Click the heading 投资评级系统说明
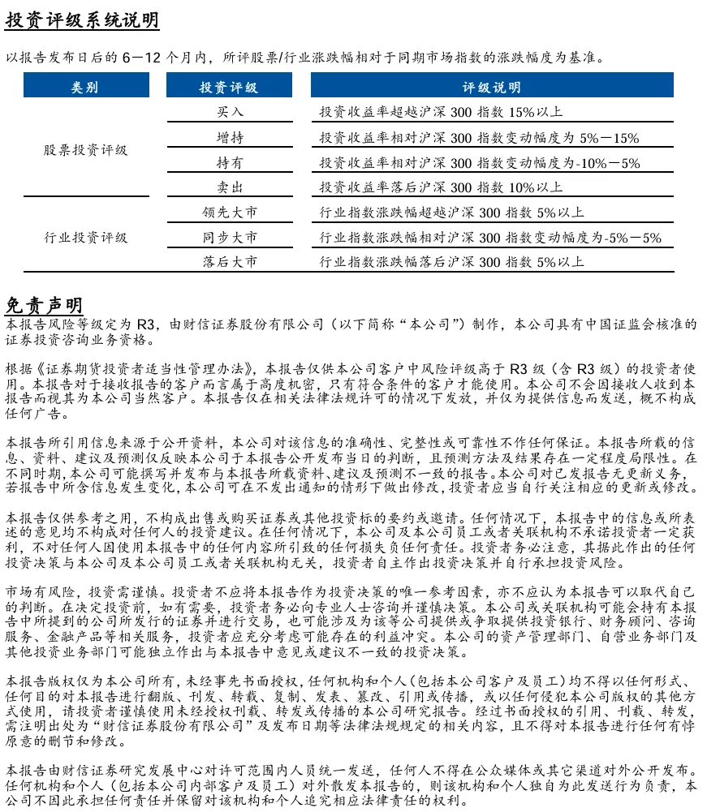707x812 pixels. pos(82,20)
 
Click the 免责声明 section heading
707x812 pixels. pos(44,305)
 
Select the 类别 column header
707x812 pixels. pos(85,87)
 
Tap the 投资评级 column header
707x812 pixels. pos(229,87)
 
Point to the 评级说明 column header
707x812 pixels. pos(492,87)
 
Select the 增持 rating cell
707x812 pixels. pos(230,138)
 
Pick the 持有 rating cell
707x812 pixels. pos(230,163)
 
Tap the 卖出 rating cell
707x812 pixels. pos(230,188)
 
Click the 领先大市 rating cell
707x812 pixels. pos(230,213)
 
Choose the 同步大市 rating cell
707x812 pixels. pos(230,238)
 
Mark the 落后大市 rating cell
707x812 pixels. pos(230,262)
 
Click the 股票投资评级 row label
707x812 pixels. pos(85,150)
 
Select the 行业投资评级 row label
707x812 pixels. pos(85,238)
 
